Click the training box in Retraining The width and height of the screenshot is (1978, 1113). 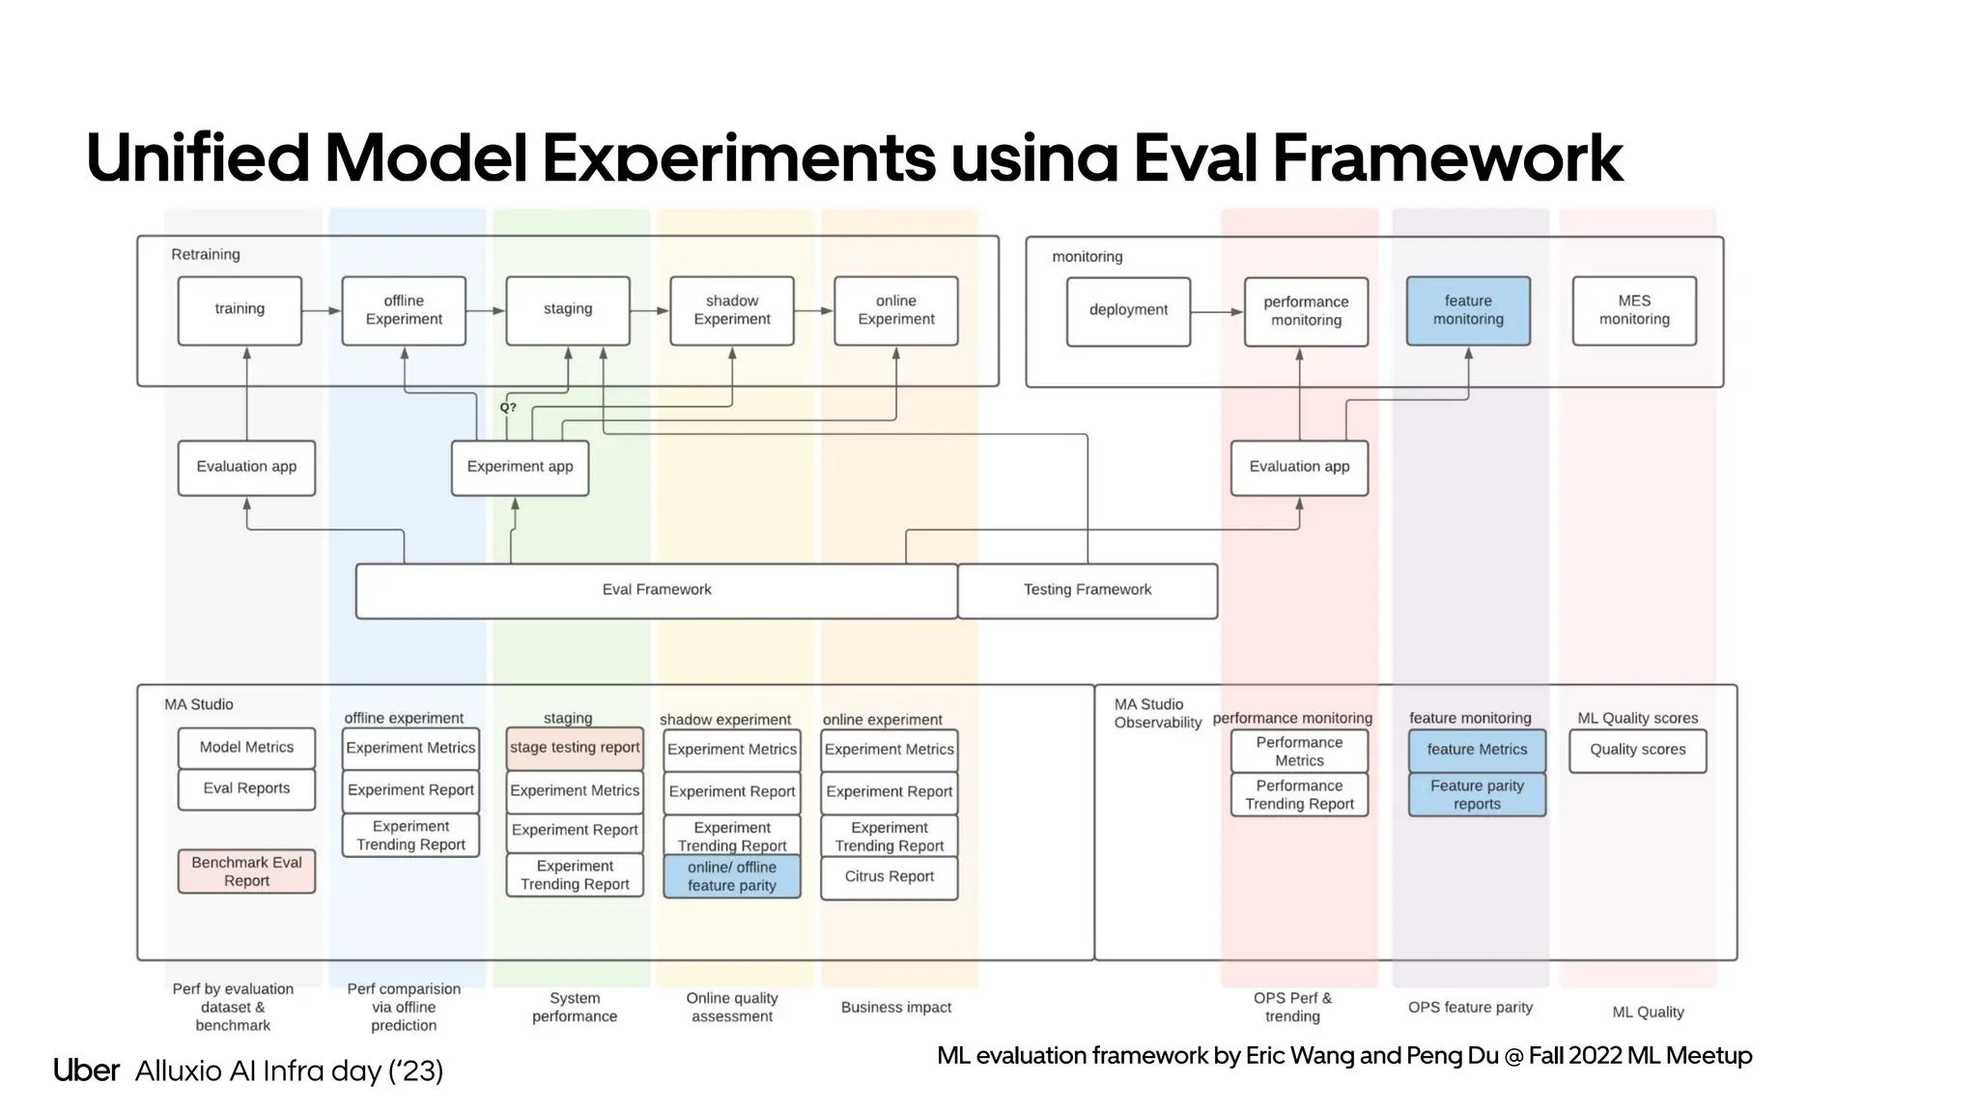tap(240, 310)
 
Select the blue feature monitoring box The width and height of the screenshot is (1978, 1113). tap(1467, 310)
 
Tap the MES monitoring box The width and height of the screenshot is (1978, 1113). tap(1633, 310)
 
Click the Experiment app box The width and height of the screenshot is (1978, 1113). tap(520, 468)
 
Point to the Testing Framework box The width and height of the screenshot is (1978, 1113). tap(1088, 590)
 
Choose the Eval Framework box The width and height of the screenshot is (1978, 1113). tap(657, 590)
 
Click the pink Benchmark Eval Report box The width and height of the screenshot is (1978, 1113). tap(246, 871)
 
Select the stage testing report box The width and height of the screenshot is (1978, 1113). tap(575, 748)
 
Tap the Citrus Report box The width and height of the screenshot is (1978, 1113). tap(889, 877)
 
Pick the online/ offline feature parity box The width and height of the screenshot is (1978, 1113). tap(731, 876)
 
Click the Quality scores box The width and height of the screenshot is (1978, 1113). tap(1637, 750)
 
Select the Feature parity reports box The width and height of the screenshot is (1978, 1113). tap(1477, 794)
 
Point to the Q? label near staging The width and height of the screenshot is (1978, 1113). tap(508, 408)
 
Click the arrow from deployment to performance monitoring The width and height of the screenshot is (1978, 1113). tap(1217, 312)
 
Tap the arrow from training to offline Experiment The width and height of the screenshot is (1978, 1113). tap(322, 311)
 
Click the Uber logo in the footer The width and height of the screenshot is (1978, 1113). tap(86, 1070)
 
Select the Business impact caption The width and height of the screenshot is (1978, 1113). tap(895, 1008)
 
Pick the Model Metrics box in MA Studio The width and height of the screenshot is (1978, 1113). tap(246, 748)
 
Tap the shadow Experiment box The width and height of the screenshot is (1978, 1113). tap(731, 310)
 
